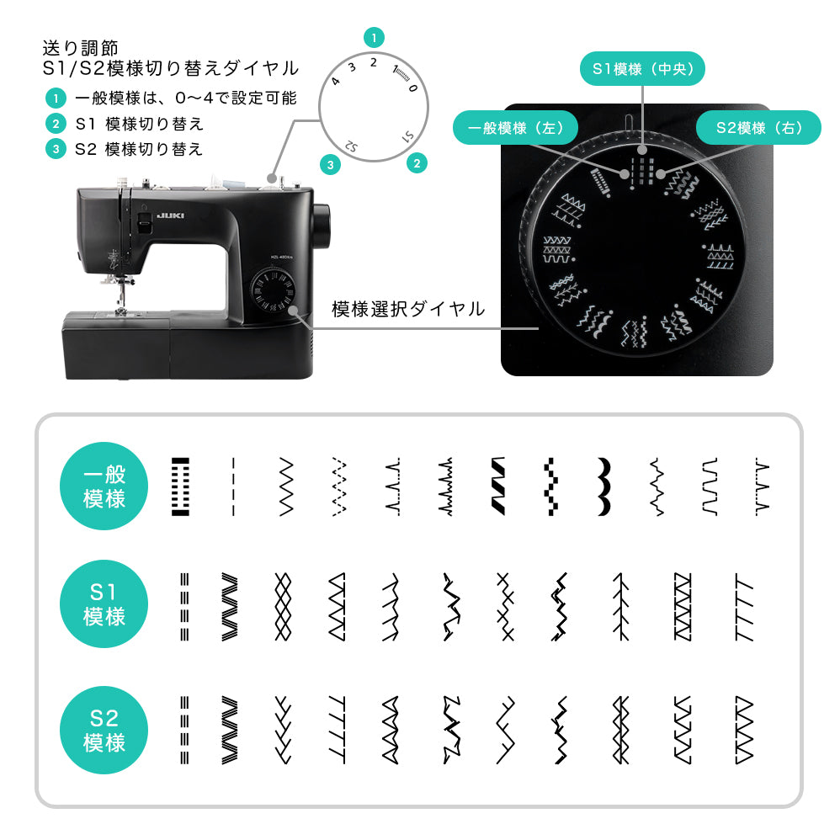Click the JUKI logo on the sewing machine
(x=170, y=216)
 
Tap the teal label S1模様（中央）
(x=642, y=68)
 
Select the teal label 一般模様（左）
(x=515, y=127)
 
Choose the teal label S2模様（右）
(x=758, y=127)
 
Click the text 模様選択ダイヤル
(x=408, y=309)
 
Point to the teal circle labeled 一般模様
(x=104, y=486)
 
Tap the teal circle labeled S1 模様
(x=104, y=603)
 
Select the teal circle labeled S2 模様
(x=104, y=730)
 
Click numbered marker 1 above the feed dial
(x=374, y=38)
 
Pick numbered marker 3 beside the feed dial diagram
(x=330, y=165)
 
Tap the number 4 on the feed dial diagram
(x=335, y=82)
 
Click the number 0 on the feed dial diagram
(x=412, y=88)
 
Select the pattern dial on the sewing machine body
(x=273, y=291)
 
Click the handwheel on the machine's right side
(x=322, y=225)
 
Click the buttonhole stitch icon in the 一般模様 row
(x=180, y=486)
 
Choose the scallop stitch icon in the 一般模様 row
(x=603, y=486)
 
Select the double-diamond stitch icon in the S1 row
(x=283, y=606)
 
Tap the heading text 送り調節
(x=80, y=48)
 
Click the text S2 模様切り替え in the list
(x=139, y=149)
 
